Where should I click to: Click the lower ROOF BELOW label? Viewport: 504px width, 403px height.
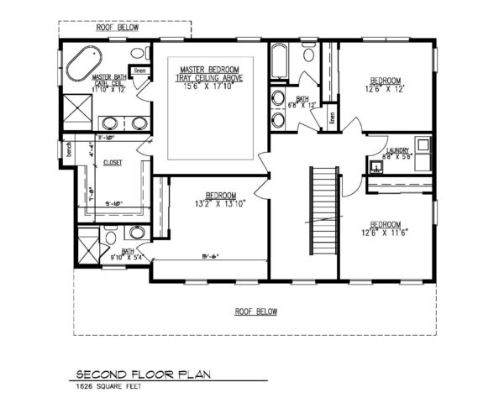255,311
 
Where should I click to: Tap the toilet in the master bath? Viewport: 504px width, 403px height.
136,55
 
